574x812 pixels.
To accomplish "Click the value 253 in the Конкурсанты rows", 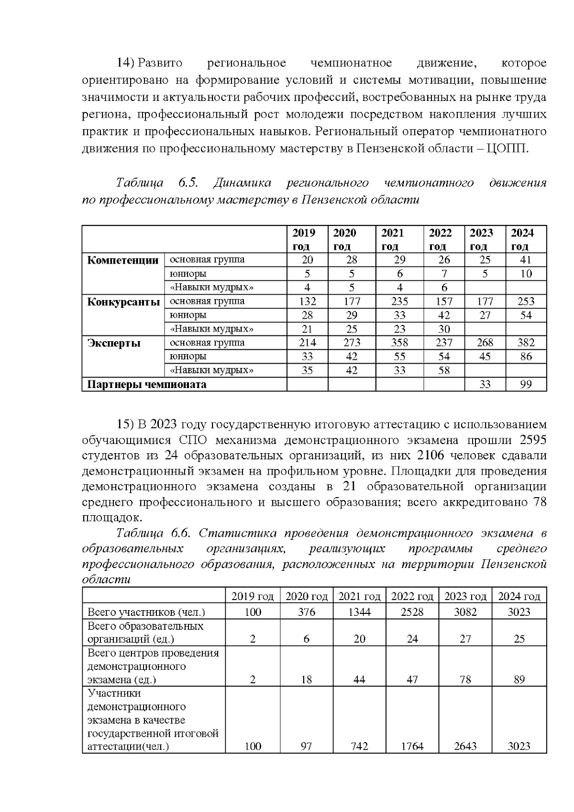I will coord(526,301).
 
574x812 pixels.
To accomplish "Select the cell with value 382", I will coord(526,343).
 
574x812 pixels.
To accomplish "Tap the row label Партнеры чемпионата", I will coord(146,385).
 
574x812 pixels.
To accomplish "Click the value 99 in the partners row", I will coord(526,385).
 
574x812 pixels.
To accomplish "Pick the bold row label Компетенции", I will coord(123,260).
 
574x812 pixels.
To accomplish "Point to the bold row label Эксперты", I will coord(114,343).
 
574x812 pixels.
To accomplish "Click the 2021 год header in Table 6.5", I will coord(393,239).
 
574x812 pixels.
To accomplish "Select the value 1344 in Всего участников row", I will coord(359,612).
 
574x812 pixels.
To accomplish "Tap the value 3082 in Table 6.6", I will coord(465,612).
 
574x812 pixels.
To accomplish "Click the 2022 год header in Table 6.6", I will coord(412,597).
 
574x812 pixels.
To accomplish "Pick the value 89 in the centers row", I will coord(519,679).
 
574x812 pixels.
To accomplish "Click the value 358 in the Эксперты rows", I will coord(399,343).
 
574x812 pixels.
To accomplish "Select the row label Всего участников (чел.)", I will coord(146,612).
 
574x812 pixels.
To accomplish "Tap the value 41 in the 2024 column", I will coord(526,260).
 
